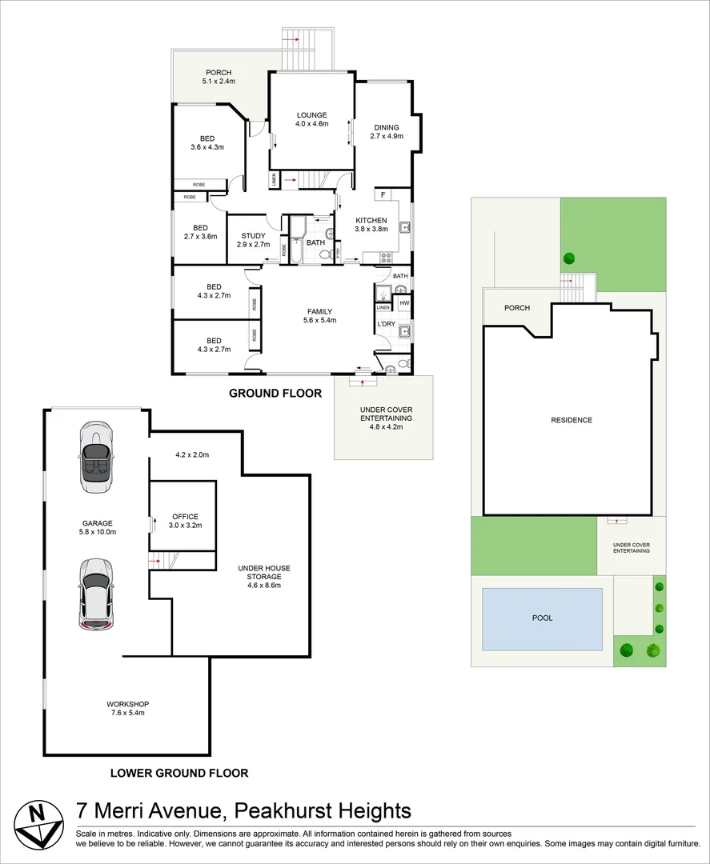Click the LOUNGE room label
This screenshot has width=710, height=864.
312,115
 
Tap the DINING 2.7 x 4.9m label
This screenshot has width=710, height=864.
387,132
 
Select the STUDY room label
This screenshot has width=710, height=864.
254,236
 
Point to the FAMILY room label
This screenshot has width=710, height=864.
319,311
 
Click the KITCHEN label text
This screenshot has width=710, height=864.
371,221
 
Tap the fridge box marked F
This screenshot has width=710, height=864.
383,194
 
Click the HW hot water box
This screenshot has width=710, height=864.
404,303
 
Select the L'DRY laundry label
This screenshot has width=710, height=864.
386,324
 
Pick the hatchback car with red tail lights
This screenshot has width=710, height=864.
97,594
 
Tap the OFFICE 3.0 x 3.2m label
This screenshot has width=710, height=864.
185,521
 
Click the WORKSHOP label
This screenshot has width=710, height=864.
128,704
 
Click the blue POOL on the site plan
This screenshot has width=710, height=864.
542,618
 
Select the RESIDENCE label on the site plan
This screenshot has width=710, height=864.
572,420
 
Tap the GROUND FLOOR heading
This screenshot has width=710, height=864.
275,394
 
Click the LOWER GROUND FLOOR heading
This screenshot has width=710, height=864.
179,773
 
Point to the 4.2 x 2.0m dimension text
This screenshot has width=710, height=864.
192,455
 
